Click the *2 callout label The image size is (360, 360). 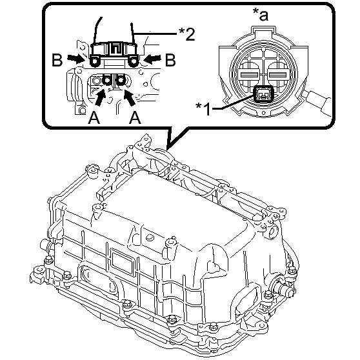(x=187, y=34)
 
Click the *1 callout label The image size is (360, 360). (x=203, y=108)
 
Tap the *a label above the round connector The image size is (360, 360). (x=261, y=14)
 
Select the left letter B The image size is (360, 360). (x=57, y=60)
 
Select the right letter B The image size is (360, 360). (x=170, y=60)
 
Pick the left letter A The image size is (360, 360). (x=94, y=117)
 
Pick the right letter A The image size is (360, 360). (x=135, y=117)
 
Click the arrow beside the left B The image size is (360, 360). (x=75, y=59)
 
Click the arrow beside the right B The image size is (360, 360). (x=152, y=59)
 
